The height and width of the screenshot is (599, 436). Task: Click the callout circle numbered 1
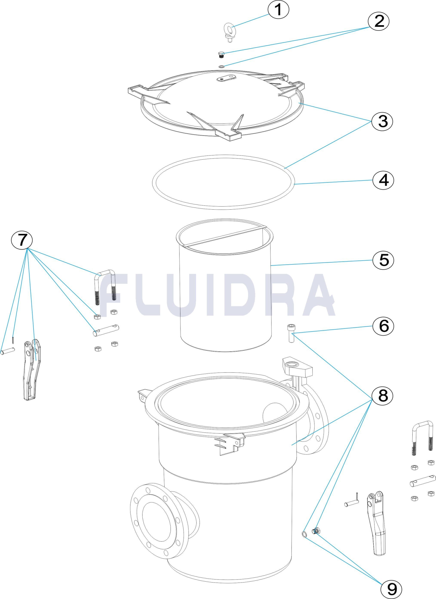278,10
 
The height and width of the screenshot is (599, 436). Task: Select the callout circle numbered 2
379,21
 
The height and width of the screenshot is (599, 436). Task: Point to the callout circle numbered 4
383,180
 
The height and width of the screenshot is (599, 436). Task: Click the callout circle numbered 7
22,240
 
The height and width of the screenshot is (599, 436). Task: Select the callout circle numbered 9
391,589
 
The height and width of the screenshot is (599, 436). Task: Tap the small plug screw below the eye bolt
221,55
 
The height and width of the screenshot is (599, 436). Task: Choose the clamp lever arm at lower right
377,523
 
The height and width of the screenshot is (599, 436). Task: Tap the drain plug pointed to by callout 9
316,531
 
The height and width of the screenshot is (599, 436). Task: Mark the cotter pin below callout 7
13,340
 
